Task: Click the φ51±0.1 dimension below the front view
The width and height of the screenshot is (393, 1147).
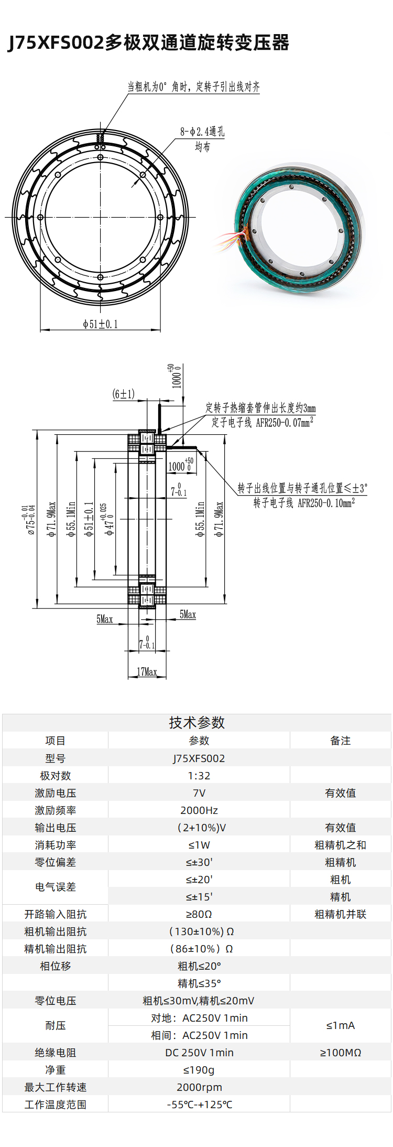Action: tap(100, 324)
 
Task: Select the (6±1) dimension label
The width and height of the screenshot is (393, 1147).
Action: tap(124, 394)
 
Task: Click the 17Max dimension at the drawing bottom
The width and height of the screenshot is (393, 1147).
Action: tap(147, 672)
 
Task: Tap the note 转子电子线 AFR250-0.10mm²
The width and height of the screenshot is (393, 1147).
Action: tap(304, 503)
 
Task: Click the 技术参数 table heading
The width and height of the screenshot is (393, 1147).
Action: tap(196, 723)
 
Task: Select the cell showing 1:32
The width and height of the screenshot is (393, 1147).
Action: tap(199, 776)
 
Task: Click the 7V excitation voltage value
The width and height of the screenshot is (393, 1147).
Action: tap(199, 793)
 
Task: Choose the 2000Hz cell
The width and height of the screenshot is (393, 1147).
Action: tap(199, 810)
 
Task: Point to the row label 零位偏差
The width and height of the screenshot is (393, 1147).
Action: tap(55, 862)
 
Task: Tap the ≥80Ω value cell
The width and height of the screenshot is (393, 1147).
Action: tap(199, 914)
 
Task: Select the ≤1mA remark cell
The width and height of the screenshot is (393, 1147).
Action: tap(340, 1025)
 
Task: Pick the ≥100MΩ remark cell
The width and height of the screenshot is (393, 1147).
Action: tap(340, 1053)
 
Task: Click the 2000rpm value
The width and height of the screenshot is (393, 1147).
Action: tap(199, 1087)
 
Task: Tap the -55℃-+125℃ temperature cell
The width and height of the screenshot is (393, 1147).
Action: tap(199, 1105)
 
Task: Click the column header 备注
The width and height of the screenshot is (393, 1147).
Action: tap(340, 741)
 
